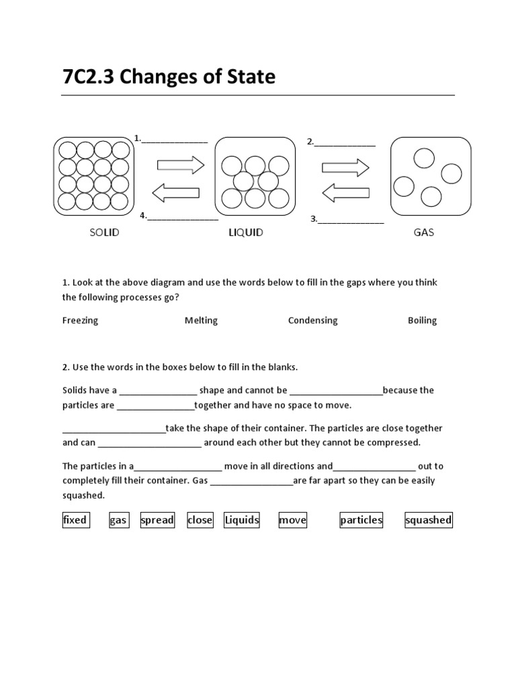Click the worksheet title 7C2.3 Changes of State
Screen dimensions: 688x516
[169, 77]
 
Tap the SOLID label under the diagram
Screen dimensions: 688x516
[104, 232]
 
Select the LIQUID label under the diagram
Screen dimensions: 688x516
[245, 232]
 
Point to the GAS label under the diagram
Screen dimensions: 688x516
[424, 232]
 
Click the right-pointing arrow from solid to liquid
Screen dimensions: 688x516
[180, 165]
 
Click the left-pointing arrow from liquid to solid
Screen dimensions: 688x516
[176, 193]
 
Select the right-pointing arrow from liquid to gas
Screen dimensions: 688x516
[345, 167]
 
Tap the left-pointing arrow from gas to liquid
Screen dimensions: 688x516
[345, 193]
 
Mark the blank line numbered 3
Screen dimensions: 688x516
[350, 219]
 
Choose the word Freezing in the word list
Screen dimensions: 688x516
[80, 320]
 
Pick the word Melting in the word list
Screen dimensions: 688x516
[201, 320]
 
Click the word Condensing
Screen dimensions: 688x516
[312, 320]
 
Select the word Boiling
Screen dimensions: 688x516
[422, 320]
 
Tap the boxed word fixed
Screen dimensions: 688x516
[75, 519]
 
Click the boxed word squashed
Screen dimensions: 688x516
[428, 519]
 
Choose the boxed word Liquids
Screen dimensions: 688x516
[242, 519]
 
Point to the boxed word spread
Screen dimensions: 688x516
[157, 519]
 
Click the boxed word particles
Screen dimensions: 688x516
[361, 519]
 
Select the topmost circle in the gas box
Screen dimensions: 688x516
[424, 158]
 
